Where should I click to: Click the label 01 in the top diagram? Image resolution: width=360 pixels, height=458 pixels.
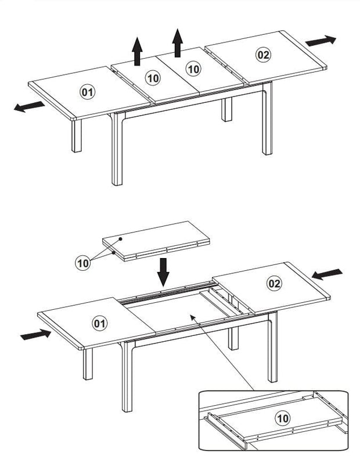[88, 91]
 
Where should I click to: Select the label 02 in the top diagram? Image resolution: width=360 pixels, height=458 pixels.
[263, 55]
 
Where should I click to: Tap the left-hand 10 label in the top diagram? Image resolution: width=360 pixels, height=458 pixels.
[153, 77]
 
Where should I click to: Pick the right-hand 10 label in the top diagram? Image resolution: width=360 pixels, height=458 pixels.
[193, 69]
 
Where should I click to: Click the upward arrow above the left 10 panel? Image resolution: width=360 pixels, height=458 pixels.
[137, 50]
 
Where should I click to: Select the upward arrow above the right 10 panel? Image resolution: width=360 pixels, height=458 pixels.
[178, 42]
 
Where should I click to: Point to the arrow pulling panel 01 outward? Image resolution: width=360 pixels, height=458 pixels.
[29, 107]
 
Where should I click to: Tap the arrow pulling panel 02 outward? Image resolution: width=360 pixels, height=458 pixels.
[321, 41]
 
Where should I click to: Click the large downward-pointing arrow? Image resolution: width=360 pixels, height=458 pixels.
[164, 271]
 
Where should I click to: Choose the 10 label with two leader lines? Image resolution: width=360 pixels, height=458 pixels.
[84, 263]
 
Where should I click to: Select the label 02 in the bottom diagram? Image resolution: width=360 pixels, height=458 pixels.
[275, 284]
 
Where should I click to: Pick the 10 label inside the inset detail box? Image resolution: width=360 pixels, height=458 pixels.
[282, 417]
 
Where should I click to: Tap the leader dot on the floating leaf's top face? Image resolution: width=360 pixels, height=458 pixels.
[120, 238]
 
